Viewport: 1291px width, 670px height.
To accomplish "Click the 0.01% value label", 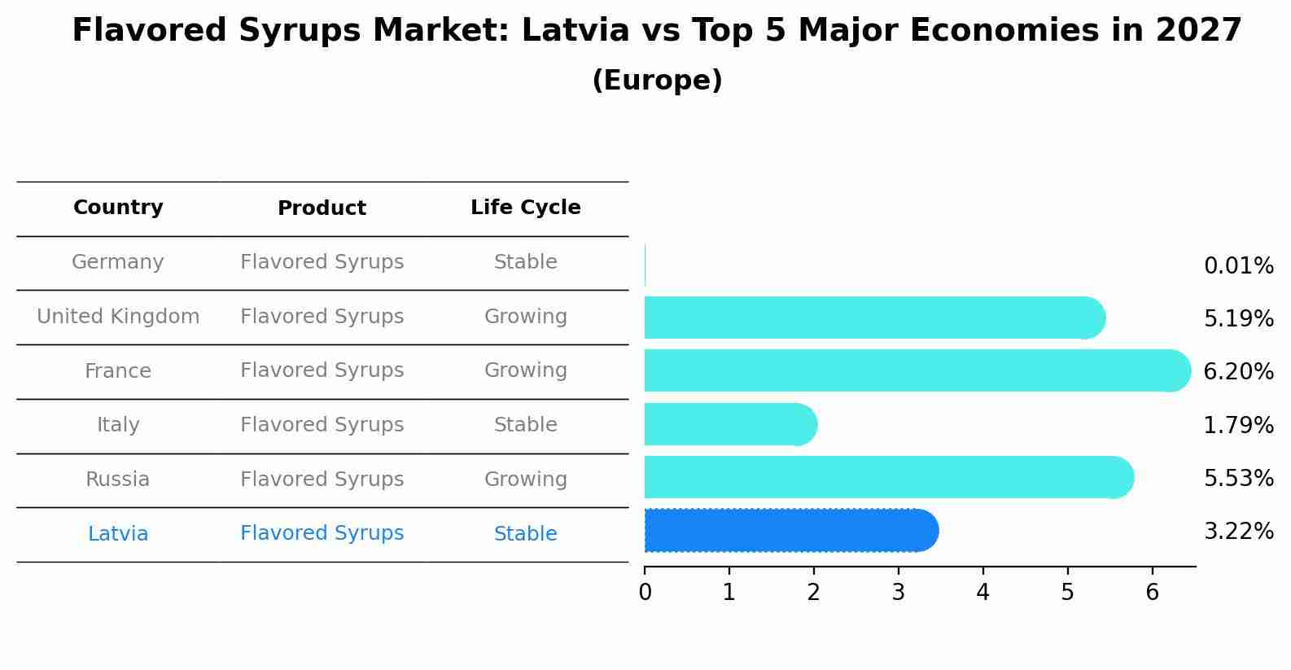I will [x=1238, y=266].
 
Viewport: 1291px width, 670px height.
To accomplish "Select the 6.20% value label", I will [x=1238, y=372].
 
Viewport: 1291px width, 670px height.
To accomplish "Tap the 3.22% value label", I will [x=1238, y=532].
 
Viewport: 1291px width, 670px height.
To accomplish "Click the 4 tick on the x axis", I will [x=982, y=593].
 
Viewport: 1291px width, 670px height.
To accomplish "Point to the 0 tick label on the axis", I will [x=645, y=593].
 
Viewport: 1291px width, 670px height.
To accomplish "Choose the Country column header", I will [x=118, y=208].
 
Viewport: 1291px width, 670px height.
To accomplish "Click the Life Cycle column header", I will [x=525, y=208].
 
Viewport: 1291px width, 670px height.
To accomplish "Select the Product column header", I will [x=322, y=208].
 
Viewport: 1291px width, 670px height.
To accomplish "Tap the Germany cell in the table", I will [x=118, y=262].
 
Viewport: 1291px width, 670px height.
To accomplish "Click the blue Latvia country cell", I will [x=118, y=534].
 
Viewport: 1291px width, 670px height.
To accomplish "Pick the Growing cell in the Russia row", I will [x=525, y=480].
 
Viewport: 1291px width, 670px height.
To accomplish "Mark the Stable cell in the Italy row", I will [x=525, y=425].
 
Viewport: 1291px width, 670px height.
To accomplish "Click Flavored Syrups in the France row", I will [x=322, y=370].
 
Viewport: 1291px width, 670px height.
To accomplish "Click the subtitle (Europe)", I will [x=657, y=81].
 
